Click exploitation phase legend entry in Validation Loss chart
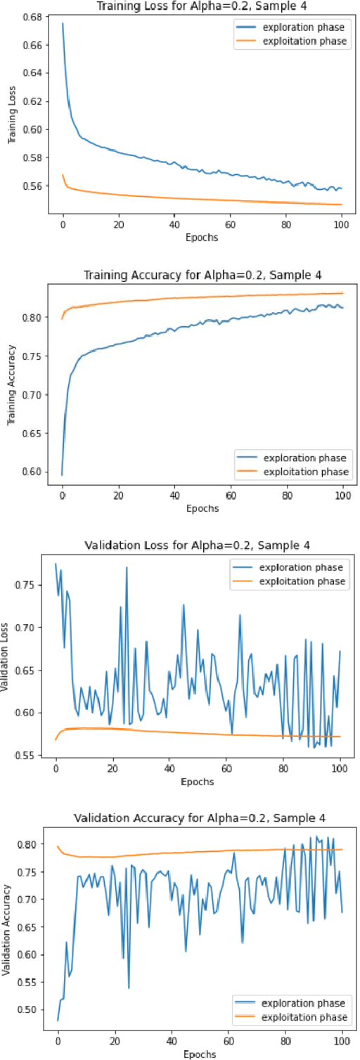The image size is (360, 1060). tap(302, 581)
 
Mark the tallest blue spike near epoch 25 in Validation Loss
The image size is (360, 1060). tap(127, 567)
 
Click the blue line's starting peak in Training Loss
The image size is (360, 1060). tap(63, 23)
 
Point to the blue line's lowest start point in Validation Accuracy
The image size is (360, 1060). tap(58, 1019)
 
